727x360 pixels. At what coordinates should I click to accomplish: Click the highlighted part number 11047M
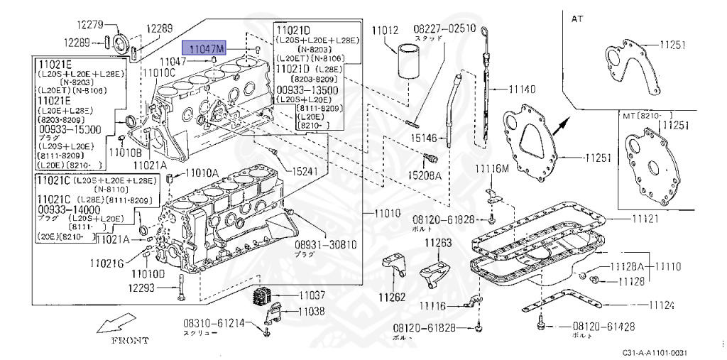(x=204, y=48)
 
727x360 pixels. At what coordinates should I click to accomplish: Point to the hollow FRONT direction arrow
(x=114, y=325)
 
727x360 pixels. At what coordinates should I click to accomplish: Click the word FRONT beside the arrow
(x=129, y=340)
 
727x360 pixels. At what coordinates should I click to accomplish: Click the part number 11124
(x=660, y=305)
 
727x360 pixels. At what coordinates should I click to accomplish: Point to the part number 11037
(x=311, y=295)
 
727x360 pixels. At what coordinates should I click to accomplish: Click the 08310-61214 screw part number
(x=205, y=323)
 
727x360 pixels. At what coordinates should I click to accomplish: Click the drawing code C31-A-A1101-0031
(x=655, y=353)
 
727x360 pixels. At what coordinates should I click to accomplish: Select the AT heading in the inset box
(x=577, y=19)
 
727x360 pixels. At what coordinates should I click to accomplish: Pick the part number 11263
(x=438, y=244)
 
